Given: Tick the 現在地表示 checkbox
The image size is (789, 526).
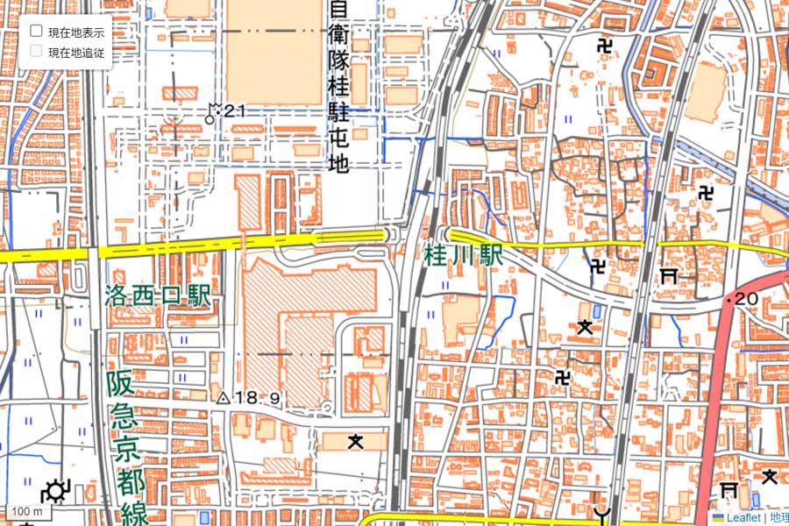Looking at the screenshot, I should click(37, 31).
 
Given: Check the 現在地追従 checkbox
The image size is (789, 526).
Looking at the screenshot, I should click(37, 52).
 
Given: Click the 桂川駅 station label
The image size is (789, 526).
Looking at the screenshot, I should click(463, 256).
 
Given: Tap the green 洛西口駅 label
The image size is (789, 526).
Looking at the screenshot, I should click(158, 296).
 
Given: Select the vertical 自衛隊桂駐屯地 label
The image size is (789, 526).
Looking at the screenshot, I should click(338, 88).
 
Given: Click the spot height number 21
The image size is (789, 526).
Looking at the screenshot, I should click(234, 110).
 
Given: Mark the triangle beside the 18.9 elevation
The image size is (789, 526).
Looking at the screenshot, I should click(223, 399).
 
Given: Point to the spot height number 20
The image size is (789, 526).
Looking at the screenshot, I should click(746, 299).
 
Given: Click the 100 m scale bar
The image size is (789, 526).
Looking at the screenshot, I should click(26, 511).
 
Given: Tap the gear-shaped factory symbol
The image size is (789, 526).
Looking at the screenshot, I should click(57, 491).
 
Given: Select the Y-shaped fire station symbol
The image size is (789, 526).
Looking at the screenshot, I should click(601, 514).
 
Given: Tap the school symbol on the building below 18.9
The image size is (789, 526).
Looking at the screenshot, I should click(355, 441).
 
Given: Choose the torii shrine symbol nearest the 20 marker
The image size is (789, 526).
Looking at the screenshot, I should click(669, 276).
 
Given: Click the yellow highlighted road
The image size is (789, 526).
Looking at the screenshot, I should click(175, 249).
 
